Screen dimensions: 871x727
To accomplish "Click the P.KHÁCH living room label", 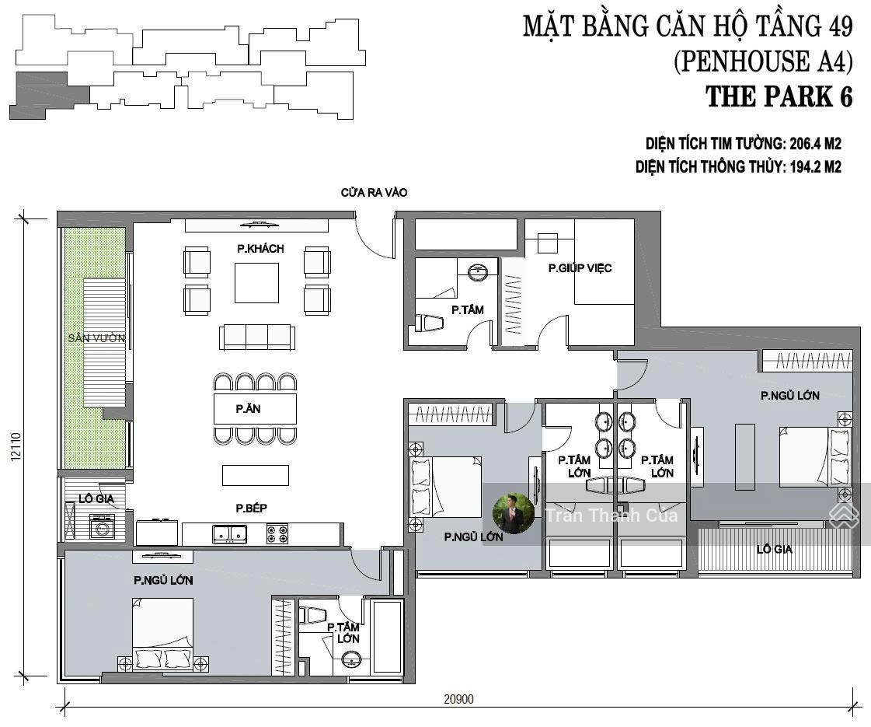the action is [260, 249].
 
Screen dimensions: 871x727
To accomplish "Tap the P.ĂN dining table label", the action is [248, 408].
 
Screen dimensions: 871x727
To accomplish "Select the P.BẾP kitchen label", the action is [251, 508].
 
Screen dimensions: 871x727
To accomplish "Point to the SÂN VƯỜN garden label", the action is [96, 338].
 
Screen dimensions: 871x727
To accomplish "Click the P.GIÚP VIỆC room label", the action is [580, 268].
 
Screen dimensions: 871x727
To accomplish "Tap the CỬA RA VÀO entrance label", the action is [374, 193].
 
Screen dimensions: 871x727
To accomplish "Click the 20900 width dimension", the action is [459, 699].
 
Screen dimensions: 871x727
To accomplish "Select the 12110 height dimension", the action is [16, 446].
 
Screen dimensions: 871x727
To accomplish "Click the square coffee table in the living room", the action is [256, 283].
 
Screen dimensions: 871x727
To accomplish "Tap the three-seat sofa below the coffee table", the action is [256, 337].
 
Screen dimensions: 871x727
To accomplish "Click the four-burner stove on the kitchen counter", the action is [277, 533].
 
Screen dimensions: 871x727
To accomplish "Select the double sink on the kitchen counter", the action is [229, 533].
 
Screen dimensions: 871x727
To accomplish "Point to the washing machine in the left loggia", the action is [103, 526].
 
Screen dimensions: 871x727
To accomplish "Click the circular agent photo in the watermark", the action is [514, 514].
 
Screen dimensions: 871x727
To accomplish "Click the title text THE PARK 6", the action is [779, 96].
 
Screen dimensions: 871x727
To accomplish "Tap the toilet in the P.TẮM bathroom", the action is [430, 323].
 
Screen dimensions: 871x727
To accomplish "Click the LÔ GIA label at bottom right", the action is [775, 549].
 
